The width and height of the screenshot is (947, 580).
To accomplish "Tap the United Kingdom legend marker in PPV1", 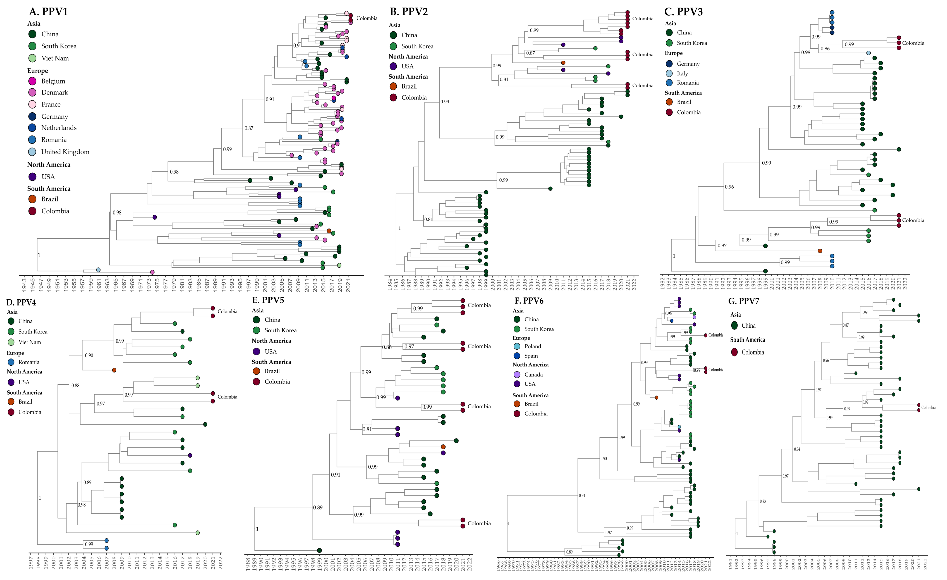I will click(x=32, y=152).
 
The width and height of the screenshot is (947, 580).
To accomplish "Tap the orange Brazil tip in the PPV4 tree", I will click(x=114, y=370).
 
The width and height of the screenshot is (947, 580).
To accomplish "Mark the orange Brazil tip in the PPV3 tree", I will click(x=820, y=251).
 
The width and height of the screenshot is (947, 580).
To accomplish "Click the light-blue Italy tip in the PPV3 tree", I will click(x=868, y=53).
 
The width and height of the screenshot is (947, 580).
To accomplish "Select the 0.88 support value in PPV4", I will click(x=75, y=385).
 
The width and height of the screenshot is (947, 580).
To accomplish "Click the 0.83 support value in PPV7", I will click(x=763, y=501).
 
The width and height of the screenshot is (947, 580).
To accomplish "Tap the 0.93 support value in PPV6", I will click(x=604, y=458).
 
